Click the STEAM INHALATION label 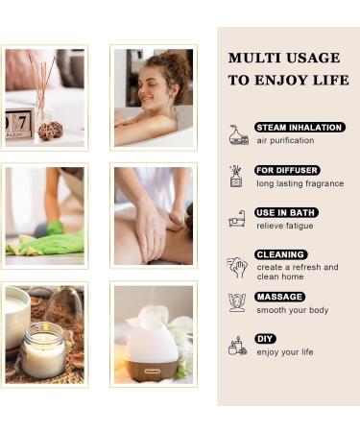300,127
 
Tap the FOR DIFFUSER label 287,170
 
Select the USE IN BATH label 286,212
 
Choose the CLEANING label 281,254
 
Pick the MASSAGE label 280,297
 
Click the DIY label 266,339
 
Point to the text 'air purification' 285,140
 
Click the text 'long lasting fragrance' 300,183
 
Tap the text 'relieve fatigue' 283,226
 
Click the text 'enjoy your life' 285,352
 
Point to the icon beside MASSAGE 237,302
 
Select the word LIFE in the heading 328,80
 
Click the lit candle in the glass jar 43,351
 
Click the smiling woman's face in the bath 156,93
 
